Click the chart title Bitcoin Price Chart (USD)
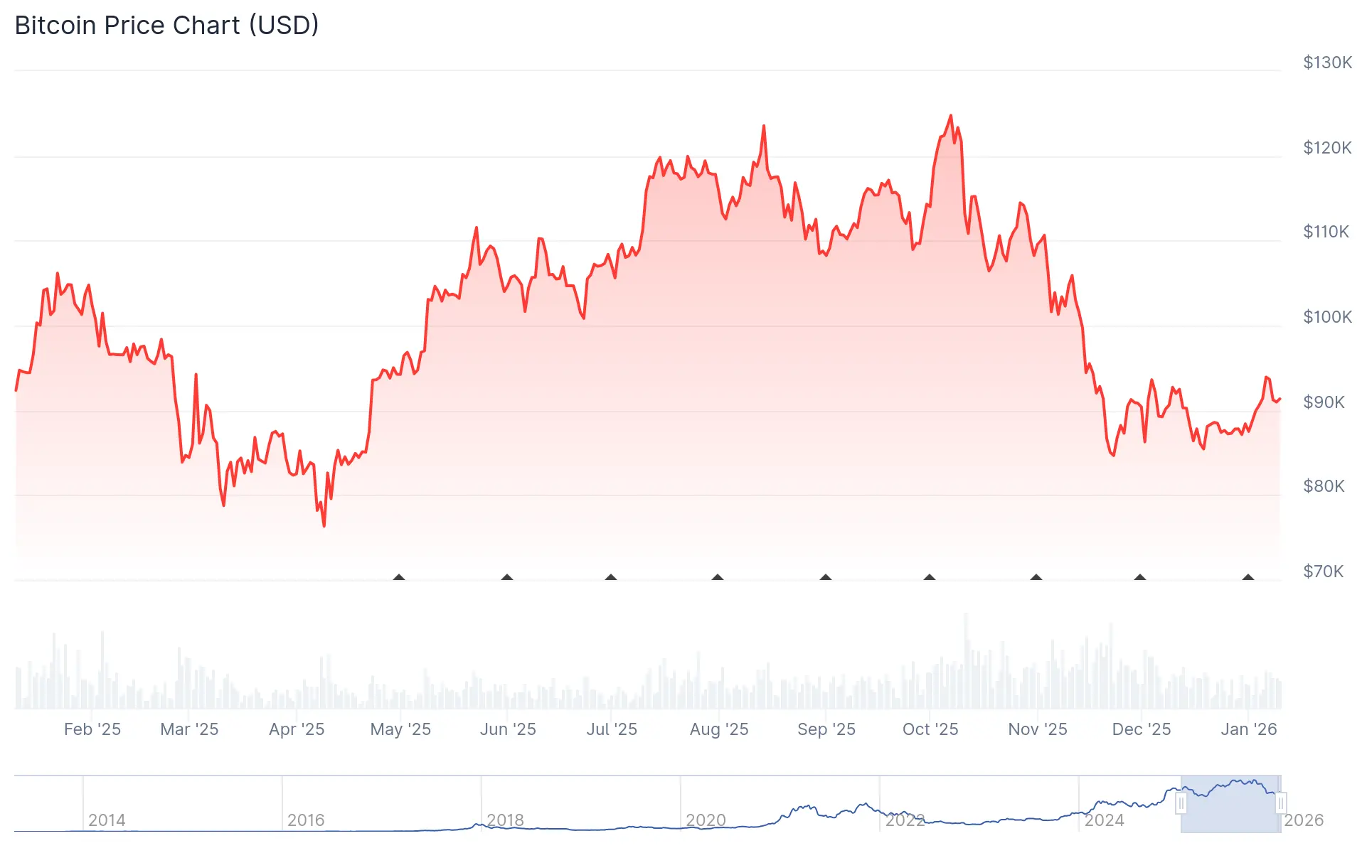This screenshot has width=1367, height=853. (x=166, y=26)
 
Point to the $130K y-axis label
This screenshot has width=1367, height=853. (x=1326, y=63)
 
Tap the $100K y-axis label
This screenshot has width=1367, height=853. (x=1326, y=317)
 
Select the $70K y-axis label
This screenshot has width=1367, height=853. (x=1323, y=572)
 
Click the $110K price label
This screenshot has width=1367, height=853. (x=1325, y=232)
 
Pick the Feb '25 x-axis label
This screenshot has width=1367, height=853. (x=92, y=729)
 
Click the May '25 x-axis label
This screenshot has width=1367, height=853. (x=400, y=729)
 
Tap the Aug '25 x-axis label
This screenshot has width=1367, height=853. (x=718, y=729)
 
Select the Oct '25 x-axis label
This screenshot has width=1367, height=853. (x=930, y=729)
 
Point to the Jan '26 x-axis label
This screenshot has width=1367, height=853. (x=1248, y=729)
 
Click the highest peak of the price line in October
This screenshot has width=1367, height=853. (x=950, y=116)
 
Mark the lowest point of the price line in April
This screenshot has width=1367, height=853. (x=324, y=525)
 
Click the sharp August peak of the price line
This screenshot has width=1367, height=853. (x=764, y=127)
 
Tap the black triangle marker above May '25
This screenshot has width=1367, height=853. (x=399, y=577)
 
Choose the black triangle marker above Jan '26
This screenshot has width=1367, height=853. (x=1248, y=577)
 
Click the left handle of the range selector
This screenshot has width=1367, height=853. (x=1181, y=804)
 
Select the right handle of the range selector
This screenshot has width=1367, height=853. (x=1280, y=804)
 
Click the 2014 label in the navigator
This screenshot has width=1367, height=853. (x=107, y=820)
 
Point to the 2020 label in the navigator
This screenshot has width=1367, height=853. (x=705, y=820)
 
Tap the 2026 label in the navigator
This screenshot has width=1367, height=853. (x=1303, y=820)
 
